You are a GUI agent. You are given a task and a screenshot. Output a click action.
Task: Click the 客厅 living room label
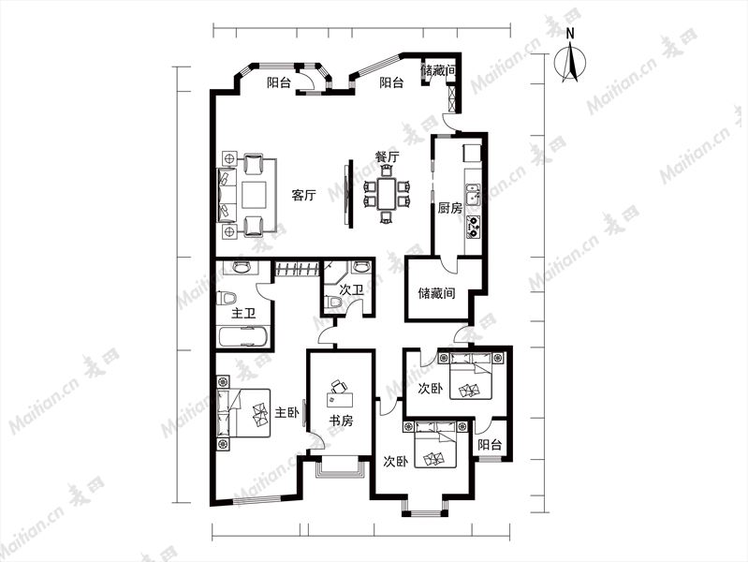point(303,195)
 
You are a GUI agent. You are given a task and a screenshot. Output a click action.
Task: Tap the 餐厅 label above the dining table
point(387,156)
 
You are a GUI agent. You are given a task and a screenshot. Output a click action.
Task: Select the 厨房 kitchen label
point(450,208)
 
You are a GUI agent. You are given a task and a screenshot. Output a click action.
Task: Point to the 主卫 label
point(243,314)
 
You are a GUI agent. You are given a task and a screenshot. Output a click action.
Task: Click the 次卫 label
point(352,289)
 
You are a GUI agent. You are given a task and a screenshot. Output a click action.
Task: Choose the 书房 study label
point(341,421)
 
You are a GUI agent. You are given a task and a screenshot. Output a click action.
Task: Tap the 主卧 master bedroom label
point(286,412)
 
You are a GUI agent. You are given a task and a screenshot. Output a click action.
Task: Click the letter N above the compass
point(570,34)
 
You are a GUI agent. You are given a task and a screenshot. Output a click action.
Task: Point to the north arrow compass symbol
point(570,62)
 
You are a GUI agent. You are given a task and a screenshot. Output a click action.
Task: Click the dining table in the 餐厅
point(387,194)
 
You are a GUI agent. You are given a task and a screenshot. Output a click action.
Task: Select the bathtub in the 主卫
point(243,336)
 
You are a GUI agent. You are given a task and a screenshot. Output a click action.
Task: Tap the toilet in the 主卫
point(227,299)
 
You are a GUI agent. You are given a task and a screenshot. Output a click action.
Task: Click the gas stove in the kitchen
point(473,227)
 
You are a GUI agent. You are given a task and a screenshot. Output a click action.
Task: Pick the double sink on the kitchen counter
point(473,195)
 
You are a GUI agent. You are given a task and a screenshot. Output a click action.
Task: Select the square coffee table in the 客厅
point(254,195)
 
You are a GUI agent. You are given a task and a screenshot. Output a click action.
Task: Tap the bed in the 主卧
point(243,413)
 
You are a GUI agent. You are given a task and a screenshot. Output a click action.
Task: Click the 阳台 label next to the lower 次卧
point(490,445)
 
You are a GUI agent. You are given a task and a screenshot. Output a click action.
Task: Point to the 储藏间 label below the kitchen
point(436,292)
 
